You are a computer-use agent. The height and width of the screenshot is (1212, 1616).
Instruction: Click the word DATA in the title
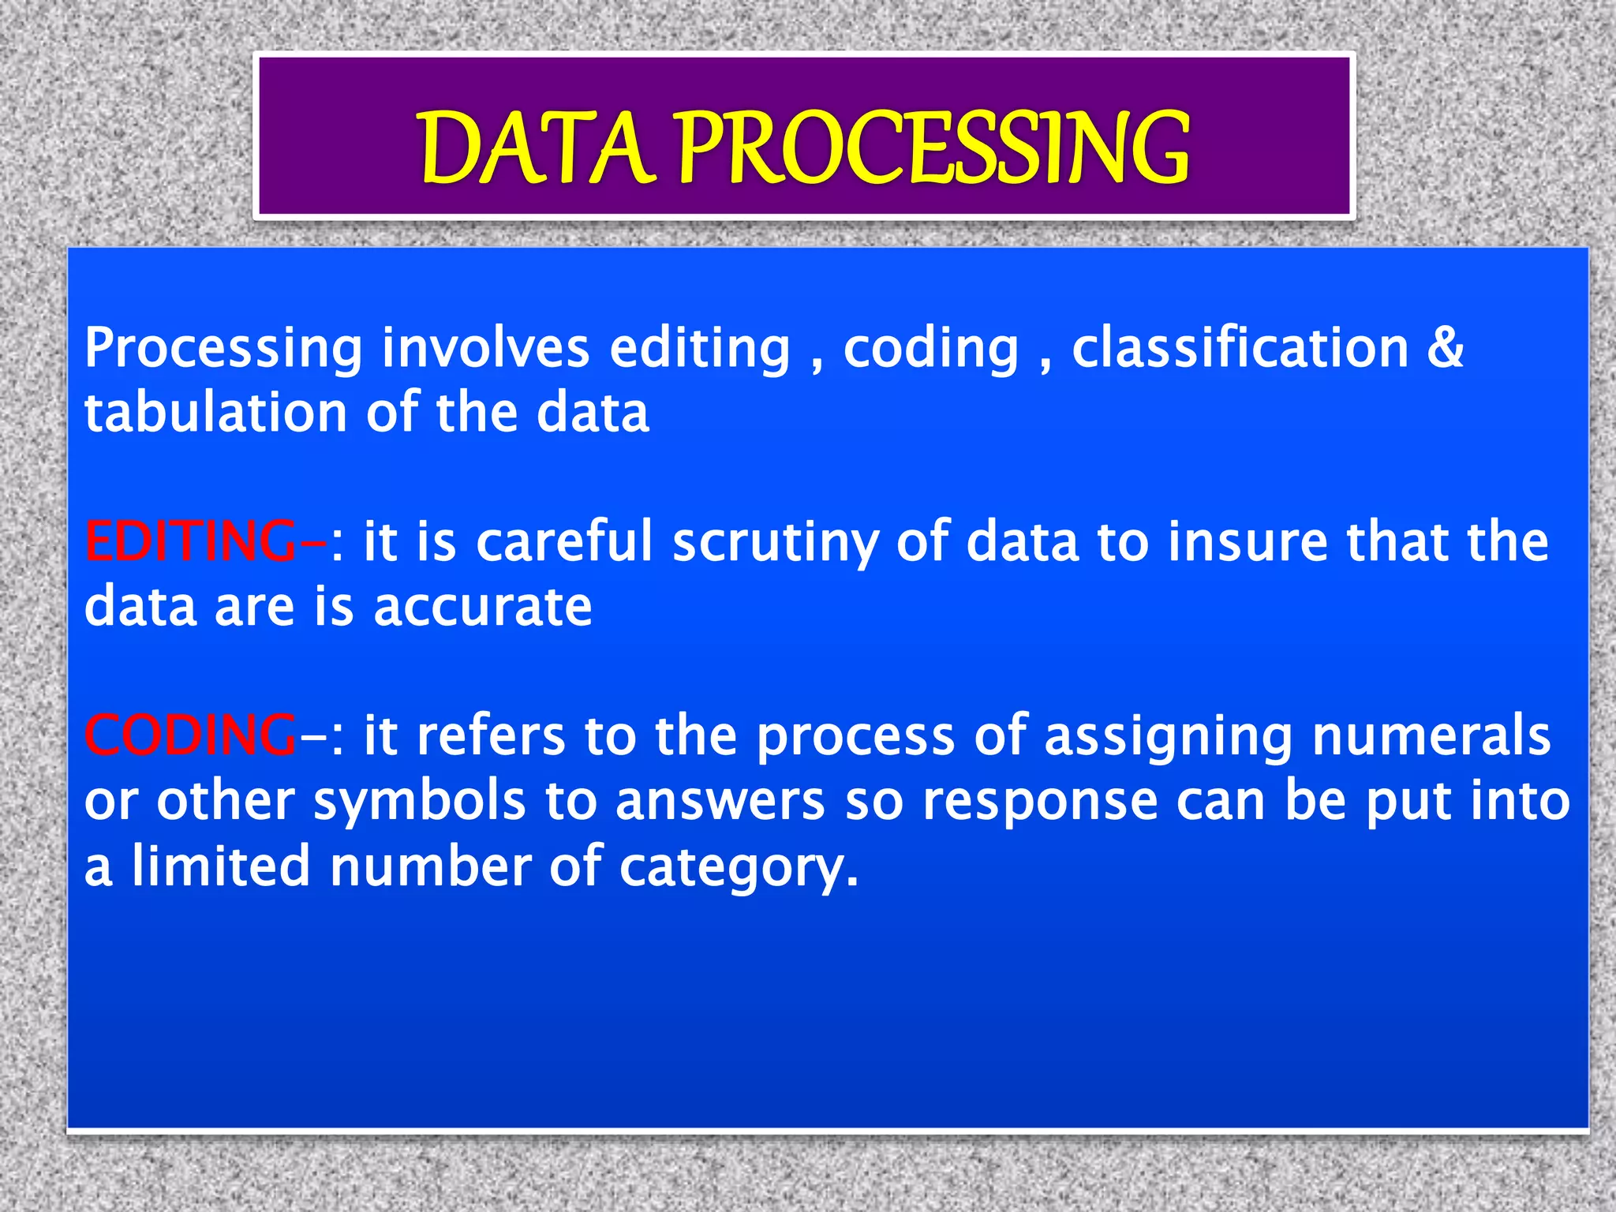click(x=537, y=148)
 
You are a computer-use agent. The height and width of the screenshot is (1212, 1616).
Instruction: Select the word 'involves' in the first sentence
click(x=485, y=348)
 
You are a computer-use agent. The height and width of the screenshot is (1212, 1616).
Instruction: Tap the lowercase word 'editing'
click(x=700, y=348)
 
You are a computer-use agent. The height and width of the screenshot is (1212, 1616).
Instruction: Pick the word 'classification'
click(x=1240, y=348)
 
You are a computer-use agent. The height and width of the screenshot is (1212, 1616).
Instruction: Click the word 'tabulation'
click(x=215, y=413)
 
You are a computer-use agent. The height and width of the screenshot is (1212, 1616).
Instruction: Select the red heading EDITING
click(x=190, y=541)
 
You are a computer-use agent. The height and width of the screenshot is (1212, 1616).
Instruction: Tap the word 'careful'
click(x=564, y=541)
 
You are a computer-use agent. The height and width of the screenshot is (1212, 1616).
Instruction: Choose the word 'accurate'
click(x=482, y=608)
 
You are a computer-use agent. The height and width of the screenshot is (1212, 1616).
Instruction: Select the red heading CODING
click(x=190, y=735)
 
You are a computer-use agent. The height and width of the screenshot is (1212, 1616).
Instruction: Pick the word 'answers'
click(x=720, y=802)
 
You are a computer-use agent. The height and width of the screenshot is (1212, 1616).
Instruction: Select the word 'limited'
click(x=221, y=866)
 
